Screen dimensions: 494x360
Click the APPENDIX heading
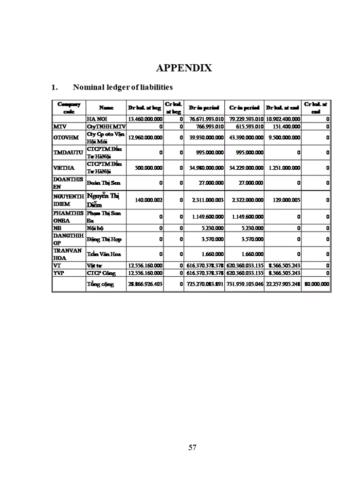[x=184, y=68]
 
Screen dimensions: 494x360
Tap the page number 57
[x=192, y=447]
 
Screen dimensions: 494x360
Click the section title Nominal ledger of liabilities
[x=122, y=87]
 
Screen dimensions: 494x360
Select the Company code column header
[x=68, y=108]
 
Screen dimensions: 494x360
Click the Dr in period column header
[x=204, y=108]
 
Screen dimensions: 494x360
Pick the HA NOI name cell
[x=96, y=119]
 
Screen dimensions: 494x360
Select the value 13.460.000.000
[x=145, y=119]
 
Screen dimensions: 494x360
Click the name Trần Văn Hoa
[x=100, y=254]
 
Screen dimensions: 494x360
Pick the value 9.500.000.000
[x=284, y=137]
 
